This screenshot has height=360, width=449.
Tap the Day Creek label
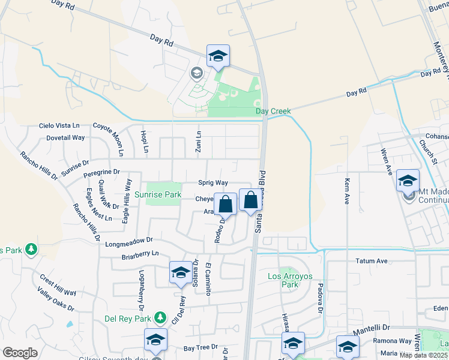pyautogui.click(x=273, y=111)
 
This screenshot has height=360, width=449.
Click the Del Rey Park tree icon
pyautogui.click(x=160, y=317)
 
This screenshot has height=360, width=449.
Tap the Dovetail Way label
pyautogui.click(x=65, y=137)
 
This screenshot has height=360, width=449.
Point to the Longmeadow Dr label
pyautogui.click(x=129, y=244)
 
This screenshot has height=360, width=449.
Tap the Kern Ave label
pyautogui.click(x=347, y=191)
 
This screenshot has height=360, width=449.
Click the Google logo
pyautogui.click(x=20, y=353)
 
